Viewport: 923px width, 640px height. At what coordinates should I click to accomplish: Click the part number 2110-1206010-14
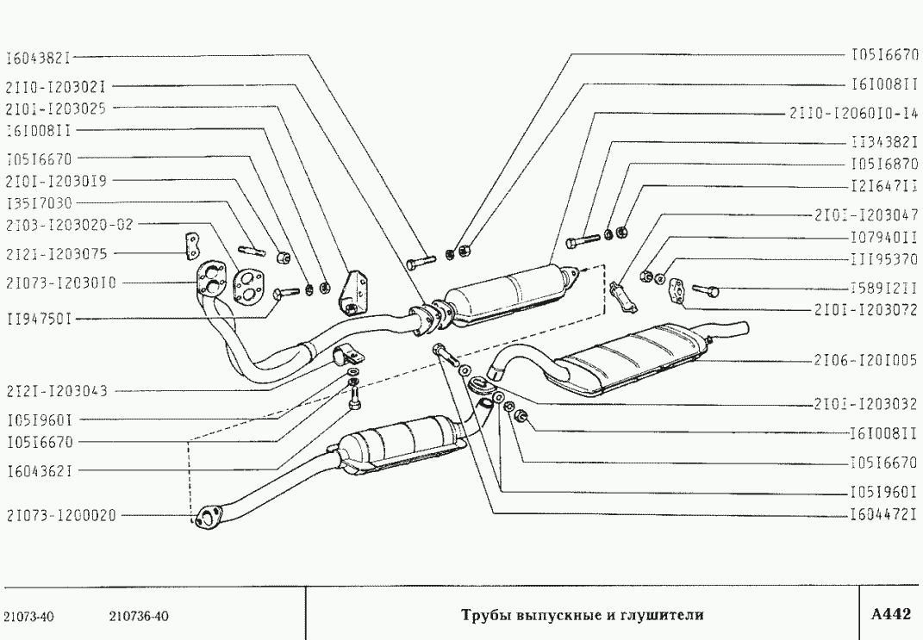click(852, 113)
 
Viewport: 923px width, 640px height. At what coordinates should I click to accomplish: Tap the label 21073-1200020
click(58, 516)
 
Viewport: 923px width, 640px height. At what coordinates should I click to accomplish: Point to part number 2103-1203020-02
click(69, 226)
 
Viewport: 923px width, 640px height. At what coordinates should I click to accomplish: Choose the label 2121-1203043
click(55, 390)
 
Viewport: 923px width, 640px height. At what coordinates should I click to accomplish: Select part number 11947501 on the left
click(37, 319)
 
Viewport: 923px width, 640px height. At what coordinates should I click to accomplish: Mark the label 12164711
click(883, 186)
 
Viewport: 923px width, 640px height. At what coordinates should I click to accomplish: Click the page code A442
click(890, 614)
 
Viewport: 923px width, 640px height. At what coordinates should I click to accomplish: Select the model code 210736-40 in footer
click(140, 616)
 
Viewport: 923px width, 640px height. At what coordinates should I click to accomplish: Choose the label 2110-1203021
click(55, 86)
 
